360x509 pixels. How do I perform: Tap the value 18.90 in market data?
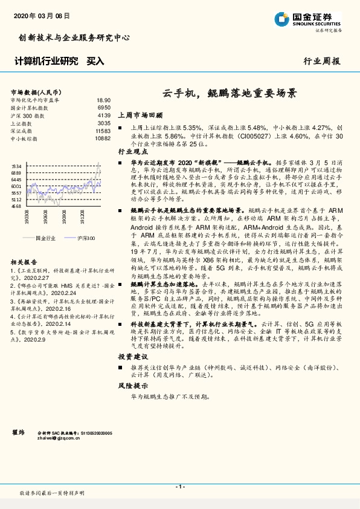(x=103, y=100)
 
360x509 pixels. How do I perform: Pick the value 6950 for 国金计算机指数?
(x=104, y=108)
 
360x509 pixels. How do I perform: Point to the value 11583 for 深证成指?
(x=103, y=131)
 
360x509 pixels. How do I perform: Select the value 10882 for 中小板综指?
(x=103, y=138)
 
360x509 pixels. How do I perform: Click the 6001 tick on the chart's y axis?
(x=16, y=186)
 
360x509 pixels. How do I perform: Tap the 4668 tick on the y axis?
(x=16, y=206)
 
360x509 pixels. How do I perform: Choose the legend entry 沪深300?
(x=85, y=238)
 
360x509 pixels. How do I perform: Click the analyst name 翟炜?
(x=18, y=433)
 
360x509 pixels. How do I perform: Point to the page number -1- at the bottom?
(x=179, y=487)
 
